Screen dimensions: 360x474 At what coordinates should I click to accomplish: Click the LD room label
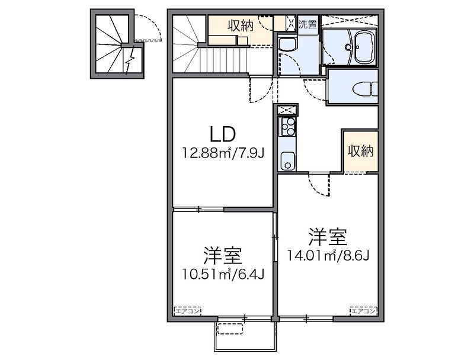pos(222,133)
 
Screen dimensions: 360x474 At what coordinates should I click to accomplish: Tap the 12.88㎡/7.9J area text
pos(223,154)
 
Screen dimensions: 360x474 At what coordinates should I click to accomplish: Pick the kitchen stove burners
pos(288,126)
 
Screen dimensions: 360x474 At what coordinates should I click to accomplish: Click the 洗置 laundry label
pos(307,24)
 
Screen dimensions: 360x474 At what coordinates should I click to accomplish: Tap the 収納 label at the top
pos(240,25)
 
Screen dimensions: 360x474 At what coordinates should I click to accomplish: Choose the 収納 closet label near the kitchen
pos(360,151)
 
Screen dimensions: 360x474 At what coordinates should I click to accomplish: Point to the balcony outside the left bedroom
pos(243,337)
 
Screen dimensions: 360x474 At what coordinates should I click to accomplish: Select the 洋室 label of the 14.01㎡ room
pos(326,237)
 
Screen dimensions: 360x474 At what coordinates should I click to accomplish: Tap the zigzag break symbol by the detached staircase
pos(131,60)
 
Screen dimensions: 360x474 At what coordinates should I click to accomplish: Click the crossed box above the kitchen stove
pos(288,110)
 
